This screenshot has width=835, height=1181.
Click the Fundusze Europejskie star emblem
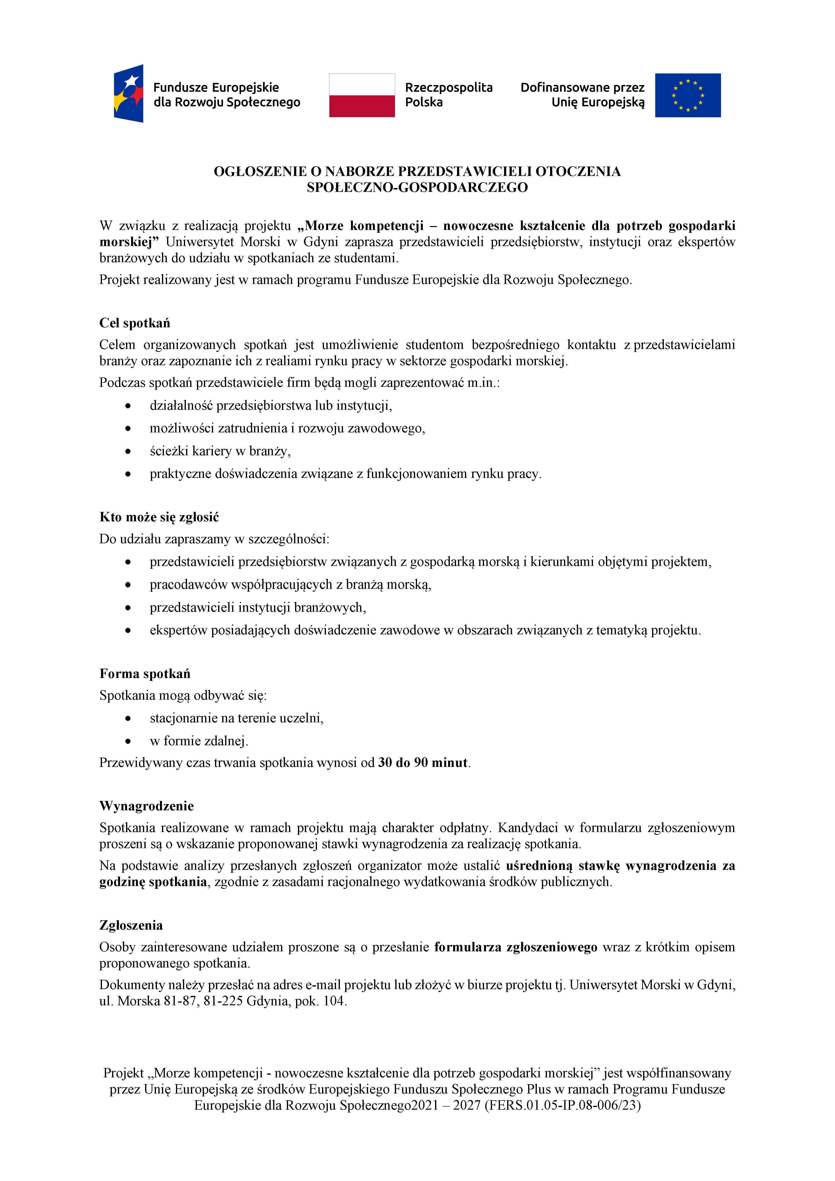pos(129,94)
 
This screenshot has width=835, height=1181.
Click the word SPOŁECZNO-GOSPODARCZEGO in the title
pos(417,188)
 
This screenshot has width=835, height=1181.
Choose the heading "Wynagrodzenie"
pos(147,806)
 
